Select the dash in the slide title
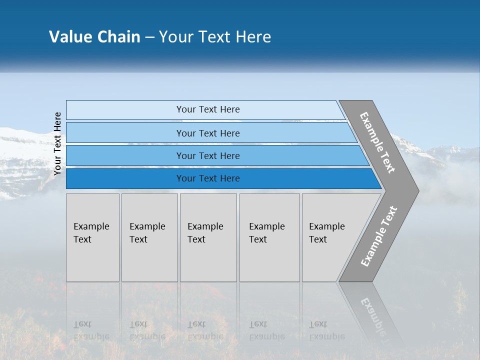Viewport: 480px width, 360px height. [149, 37]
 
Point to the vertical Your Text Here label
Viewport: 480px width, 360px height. [57, 144]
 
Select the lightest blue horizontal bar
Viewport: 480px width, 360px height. [207, 109]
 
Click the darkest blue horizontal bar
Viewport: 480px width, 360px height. [207, 178]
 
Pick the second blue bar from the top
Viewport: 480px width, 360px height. [207, 133]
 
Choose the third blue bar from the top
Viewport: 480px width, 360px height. [207, 155]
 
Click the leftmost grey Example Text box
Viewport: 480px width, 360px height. [92, 237]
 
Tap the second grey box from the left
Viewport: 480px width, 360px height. [149, 237]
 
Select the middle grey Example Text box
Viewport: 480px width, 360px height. [208, 237]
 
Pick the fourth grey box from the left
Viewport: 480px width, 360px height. [269, 237]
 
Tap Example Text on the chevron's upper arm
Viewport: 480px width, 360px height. [377, 142]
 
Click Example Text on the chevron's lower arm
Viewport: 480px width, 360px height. [378, 236]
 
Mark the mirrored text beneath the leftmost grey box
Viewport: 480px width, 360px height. [91, 330]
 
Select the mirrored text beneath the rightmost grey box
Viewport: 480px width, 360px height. [326, 330]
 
